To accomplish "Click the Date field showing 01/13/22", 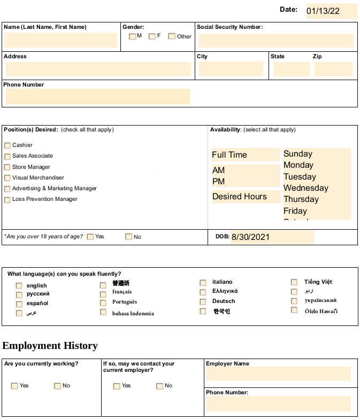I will [x=331, y=11].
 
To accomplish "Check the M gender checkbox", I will [x=133, y=36].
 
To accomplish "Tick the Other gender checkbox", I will [x=172, y=36].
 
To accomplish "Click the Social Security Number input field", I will [x=275, y=41].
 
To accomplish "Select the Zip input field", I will [x=333, y=69].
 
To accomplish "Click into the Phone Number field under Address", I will [x=97, y=96].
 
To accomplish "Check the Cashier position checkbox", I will [x=7, y=145].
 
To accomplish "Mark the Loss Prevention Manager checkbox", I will [x=7, y=200].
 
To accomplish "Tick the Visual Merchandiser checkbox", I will [x=7, y=178].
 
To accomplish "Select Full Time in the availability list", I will [x=245, y=155].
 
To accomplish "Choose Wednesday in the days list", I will [x=306, y=188].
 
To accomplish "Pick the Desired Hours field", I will [x=246, y=197].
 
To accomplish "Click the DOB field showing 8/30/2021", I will [x=272, y=237].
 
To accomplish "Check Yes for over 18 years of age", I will [x=90, y=237].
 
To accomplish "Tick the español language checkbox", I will [x=19, y=304].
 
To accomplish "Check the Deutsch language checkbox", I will [x=203, y=302].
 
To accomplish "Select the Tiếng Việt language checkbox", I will [x=294, y=282].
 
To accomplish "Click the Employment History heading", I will [x=50, y=346].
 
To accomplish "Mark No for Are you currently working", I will [x=57, y=386].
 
